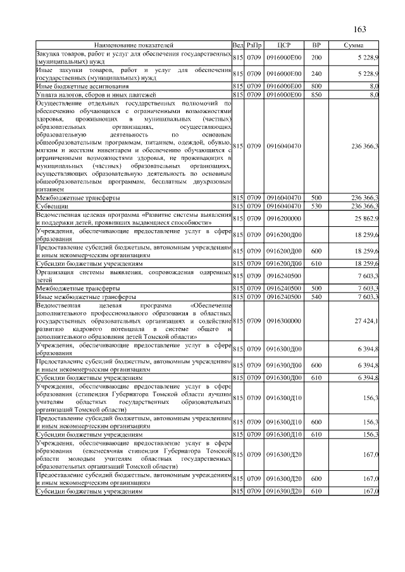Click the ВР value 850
(x=316, y=94)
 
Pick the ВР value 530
(x=316, y=206)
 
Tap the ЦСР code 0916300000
(x=283, y=321)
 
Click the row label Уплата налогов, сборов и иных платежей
(x=92, y=94)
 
